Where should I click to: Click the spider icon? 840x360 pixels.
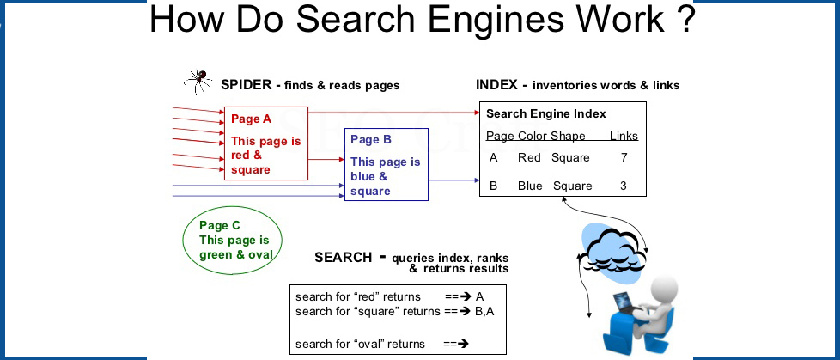click(x=198, y=82)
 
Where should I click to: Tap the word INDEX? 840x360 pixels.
click(x=496, y=85)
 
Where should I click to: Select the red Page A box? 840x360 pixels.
click(x=265, y=143)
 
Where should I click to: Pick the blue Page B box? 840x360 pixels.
click(x=385, y=164)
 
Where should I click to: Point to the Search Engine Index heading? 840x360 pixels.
click(x=545, y=113)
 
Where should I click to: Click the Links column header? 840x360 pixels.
click(x=624, y=136)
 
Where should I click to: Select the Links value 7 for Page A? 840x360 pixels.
click(x=624, y=157)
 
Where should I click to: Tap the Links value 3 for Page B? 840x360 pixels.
click(x=624, y=186)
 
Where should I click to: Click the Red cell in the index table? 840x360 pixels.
click(x=529, y=157)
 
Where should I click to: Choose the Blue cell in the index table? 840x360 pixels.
click(x=530, y=186)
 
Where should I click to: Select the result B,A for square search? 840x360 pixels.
click(x=484, y=311)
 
